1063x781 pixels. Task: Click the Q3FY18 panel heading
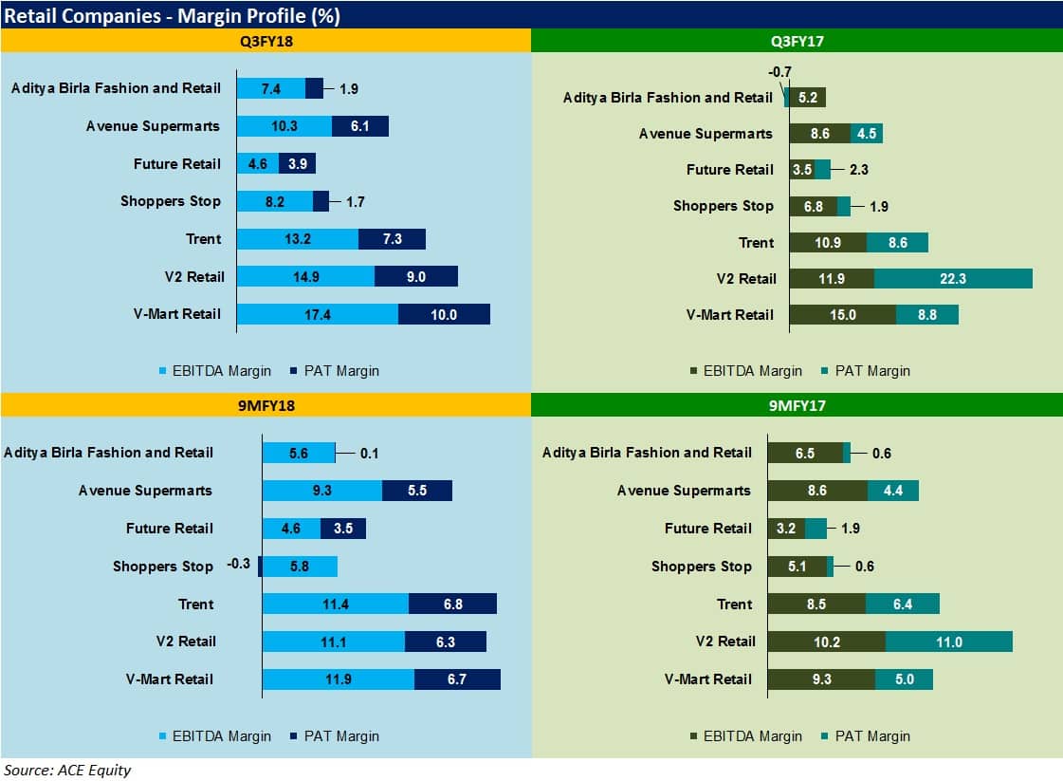(265, 41)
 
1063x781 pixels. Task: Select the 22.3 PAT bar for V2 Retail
(953, 278)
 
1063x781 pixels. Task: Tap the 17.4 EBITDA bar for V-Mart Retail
(317, 314)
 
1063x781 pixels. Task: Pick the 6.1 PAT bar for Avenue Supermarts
(360, 126)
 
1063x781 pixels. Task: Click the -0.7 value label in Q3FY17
(779, 71)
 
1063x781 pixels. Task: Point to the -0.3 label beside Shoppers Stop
(238, 565)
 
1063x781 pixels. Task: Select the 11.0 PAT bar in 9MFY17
(949, 642)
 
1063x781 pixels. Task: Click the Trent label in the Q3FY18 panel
(203, 238)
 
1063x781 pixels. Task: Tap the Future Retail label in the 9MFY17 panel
(707, 528)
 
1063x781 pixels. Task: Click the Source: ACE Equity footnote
(67, 770)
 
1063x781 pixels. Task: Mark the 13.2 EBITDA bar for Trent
(298, 238)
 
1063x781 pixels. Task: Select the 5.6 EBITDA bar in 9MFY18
(299, 453)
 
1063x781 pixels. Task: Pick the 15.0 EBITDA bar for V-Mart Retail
(842, 314)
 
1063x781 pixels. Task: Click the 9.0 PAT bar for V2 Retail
(416, 276)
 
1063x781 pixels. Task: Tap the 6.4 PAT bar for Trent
(903, 604)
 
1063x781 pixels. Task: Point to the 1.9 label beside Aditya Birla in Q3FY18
(348, 88)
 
